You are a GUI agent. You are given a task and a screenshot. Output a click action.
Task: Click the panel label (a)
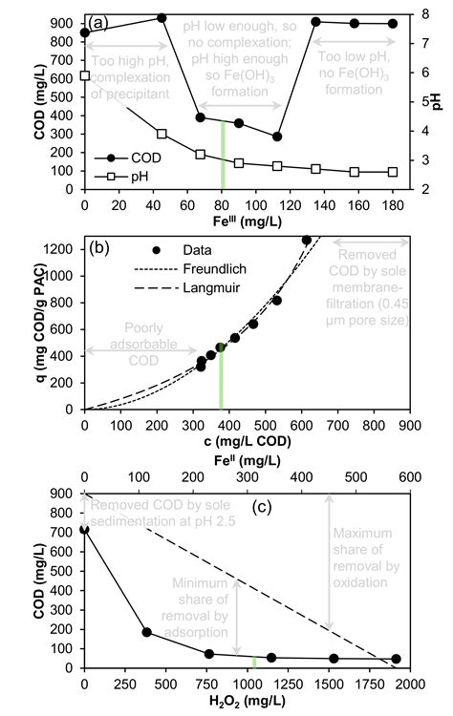99,20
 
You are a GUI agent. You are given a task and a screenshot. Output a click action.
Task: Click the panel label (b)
100,250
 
